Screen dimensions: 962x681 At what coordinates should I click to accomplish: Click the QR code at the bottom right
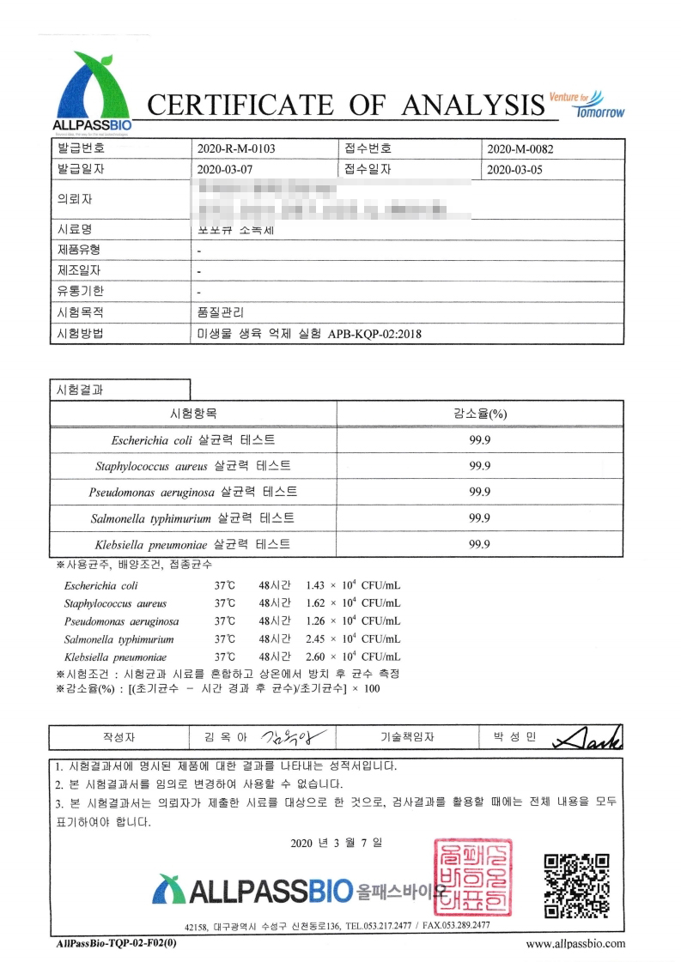point(577,884)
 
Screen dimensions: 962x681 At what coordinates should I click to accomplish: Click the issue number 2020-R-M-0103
point(236,148)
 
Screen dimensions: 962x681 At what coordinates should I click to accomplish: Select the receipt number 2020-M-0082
point(520,148)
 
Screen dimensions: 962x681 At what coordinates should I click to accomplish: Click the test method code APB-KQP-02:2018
point(375,335)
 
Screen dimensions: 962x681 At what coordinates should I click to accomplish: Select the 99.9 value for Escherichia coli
point(480,439)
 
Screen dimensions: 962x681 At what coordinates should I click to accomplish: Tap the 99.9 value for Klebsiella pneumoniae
point(480,544)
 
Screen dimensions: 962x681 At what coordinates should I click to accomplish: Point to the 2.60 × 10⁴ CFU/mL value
point(353,656)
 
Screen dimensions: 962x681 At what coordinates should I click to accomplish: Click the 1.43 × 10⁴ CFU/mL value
point(353,585)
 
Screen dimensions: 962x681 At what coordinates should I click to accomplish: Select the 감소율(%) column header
point(480,413)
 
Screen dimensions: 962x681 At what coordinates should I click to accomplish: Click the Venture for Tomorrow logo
point(587,105)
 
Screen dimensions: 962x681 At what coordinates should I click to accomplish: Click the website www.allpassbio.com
point(575,943)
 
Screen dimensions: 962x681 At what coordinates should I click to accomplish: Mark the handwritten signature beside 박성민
point(588,737)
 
